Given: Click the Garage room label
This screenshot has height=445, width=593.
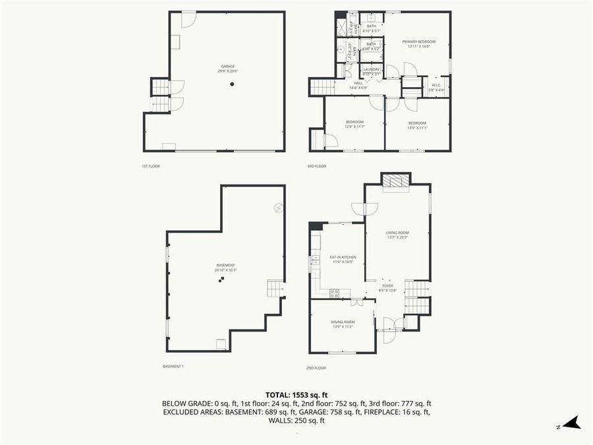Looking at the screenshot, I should [227, 69].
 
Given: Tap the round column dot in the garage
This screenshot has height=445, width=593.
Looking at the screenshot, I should [232, 84].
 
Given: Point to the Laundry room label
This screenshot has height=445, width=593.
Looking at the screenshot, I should [371, 71].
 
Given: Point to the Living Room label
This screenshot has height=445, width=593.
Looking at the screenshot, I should [397, 235].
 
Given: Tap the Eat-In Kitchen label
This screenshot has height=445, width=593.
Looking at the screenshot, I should [343, 259].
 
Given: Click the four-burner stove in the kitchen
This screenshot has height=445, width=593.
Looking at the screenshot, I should [334, 292].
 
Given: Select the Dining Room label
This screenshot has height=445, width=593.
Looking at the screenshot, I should [343, 324].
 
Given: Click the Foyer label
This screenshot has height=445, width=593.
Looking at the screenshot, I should [387, 288].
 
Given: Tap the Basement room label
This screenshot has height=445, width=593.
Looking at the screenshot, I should [225, 267].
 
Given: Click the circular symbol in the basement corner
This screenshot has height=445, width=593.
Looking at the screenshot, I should [278, 208].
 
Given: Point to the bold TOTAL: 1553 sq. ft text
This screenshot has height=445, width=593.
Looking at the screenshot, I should [296, 394].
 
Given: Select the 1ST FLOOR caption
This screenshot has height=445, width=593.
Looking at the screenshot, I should [151, 166].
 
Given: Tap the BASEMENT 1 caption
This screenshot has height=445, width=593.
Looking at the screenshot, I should [173, 366].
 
